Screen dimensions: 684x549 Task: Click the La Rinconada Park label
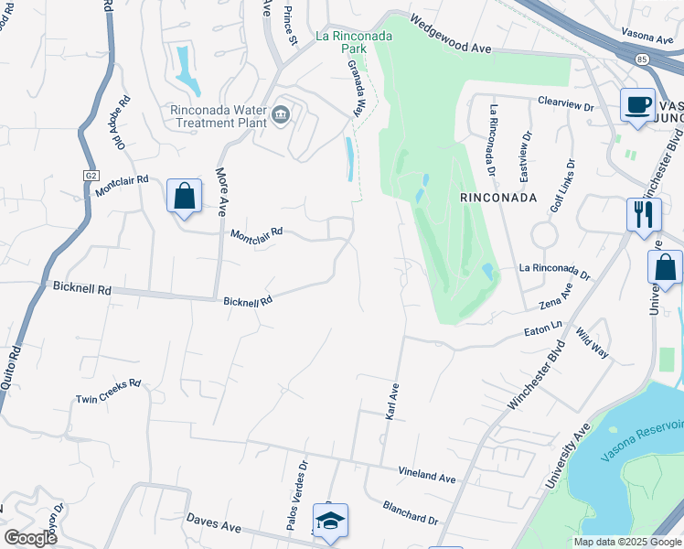click(x=353, y=37)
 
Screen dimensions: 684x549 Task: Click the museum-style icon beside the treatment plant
click(x=281, y=114)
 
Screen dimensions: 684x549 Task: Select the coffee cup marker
click(x=636, y=104)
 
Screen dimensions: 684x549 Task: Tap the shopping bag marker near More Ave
click(x=184, y=196)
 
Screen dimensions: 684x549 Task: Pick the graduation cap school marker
click(x=329, y=521)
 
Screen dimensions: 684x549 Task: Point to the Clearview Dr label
click(x=566, y=102)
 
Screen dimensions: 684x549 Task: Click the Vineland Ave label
click(x=426, y=477)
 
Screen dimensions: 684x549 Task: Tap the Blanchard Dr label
click(x=411, y=512)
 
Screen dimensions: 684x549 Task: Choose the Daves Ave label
click(x=214, y=522)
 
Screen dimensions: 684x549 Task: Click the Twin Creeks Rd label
click(x=108, y=391)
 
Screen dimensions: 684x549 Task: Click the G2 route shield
click(x=91, y=175)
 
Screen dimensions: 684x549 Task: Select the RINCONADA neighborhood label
click(x=496, y=197)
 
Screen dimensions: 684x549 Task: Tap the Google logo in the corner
click(x=30, y=537)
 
